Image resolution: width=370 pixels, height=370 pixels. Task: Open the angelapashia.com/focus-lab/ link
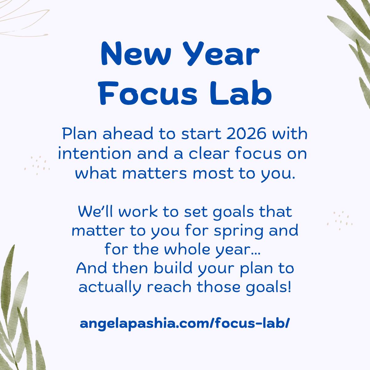point(185,323)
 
